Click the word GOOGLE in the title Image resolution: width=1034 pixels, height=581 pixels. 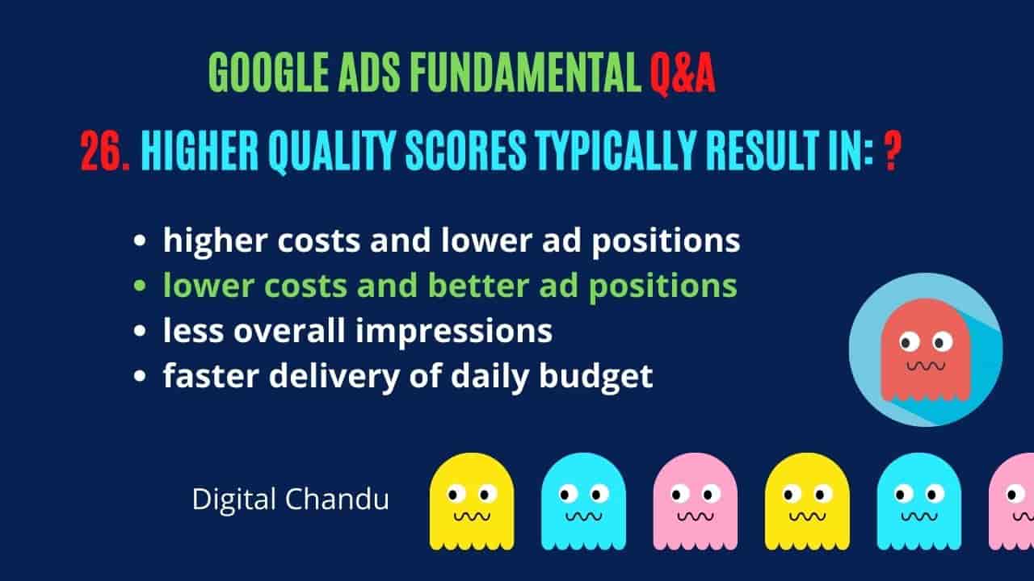point(268,73)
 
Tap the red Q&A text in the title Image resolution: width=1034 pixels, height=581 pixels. point(683,73)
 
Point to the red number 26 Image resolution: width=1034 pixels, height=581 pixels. point(105,151)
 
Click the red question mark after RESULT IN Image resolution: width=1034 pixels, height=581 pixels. point(893,151)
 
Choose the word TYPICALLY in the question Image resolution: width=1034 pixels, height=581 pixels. point(616,151)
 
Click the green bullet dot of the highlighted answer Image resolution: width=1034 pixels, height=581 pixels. point(140,286)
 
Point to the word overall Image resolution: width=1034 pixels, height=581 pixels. point(289,330)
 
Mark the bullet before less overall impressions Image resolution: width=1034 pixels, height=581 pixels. point(140,331)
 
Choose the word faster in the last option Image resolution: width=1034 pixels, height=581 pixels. point(211,375)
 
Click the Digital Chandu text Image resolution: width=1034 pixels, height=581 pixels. point(291,499)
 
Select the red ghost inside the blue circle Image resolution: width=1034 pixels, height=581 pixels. point(926,350)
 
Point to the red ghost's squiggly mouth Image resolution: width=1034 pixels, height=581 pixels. point(926,366)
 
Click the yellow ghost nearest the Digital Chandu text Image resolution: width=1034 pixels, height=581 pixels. point(471,501)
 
